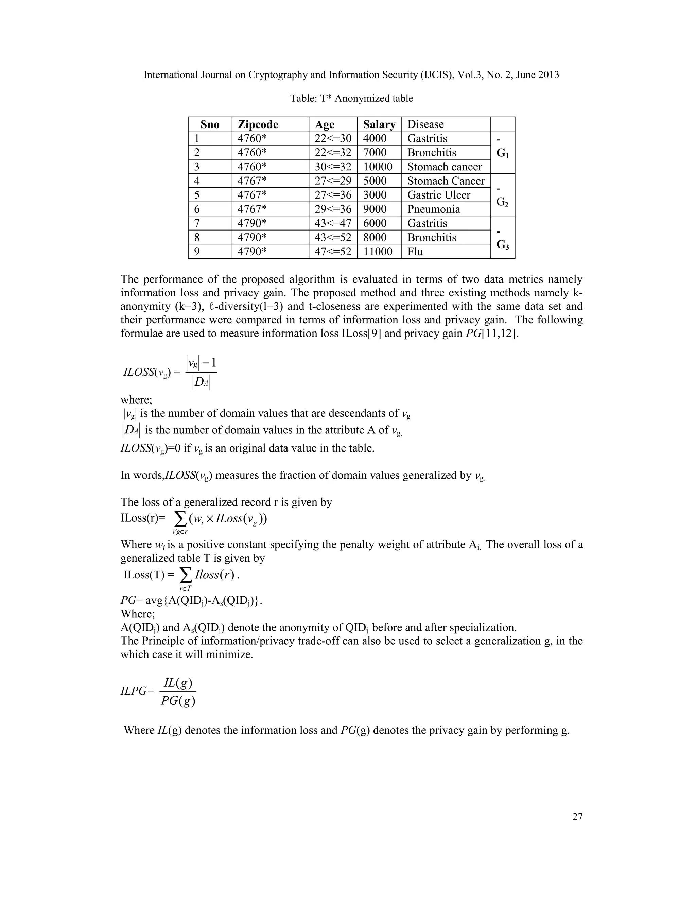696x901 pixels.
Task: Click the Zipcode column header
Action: pyautogui.click(x=258, y=124)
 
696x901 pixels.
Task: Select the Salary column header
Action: pyautogui.click(x=379, y=124)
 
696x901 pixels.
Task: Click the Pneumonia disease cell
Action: pyautogui.click(x=433, y=209)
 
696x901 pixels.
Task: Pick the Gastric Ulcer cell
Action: pyautogui.click(x=439, y=195)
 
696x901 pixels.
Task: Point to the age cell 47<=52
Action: pyautogui.click(x=333, y=252)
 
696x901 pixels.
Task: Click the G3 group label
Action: pyautogui.click(x=503, y=245)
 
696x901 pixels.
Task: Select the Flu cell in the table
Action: pyautogui.click(x=415, y=252)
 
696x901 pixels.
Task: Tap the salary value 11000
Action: pyautogui.click(x=378, y=252)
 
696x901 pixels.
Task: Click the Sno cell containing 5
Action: pyautogui.click(x=197, y=195)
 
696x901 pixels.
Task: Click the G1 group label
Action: pyautogui.click(x=503, y=153)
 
